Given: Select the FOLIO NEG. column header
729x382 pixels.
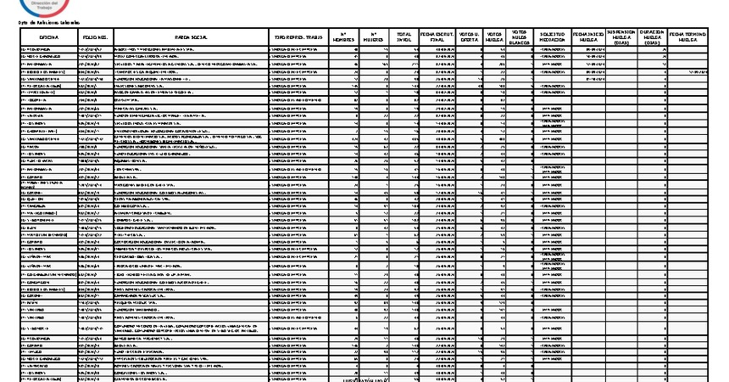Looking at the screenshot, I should click(95, 38).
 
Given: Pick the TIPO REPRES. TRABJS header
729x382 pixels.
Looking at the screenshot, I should click(296, 38).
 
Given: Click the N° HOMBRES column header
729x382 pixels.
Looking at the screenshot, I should click(343, 38).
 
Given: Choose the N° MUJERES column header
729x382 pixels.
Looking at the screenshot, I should click(374, 38).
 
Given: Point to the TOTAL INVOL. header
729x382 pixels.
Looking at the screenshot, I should click(404, 38).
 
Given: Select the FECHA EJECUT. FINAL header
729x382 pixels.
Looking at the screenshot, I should click(437, 38).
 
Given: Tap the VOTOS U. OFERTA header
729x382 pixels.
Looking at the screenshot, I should click(468, 38).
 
